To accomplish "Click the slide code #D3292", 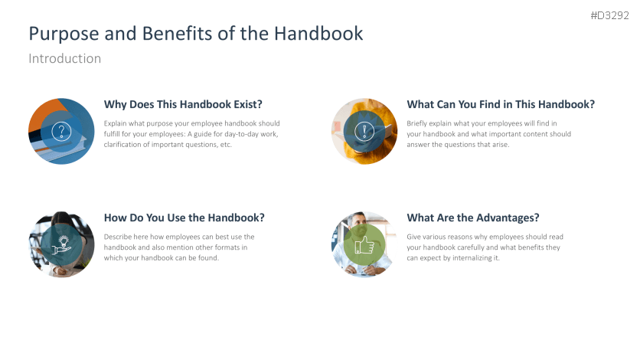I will [x=609, y=15].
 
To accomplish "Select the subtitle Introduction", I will [x=64, y=58].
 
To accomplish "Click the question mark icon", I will [x=61, y=132].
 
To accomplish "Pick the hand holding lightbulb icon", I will [x=61, y=244].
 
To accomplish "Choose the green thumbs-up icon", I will [x=364, y=244].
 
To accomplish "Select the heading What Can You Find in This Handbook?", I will [x=501, y=105].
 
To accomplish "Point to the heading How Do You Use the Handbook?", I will [x=184, y=218].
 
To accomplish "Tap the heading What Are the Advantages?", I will [x=473, y=218].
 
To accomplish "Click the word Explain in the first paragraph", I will [x=116, y=123].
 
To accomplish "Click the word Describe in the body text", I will [x=119, y=237].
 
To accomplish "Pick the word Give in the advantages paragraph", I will [x=414, y=237].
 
